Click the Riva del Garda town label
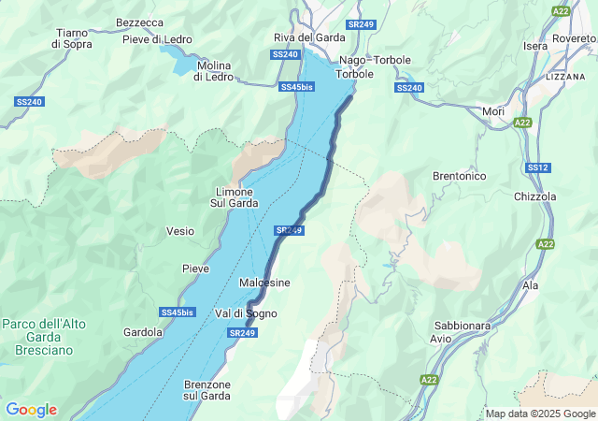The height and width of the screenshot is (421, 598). (x=308, y=37)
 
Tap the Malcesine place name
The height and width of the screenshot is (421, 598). (x=264, y=283)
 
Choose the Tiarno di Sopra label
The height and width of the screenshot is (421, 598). (x=71, y=38)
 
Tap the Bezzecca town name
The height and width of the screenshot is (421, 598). (x=139, y=22)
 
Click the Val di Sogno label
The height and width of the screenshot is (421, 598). (x=246, y=313)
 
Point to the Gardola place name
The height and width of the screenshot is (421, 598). (x=143, y=332)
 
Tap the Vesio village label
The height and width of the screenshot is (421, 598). (x=180, y=231)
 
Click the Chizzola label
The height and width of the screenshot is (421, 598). (x=535, y=197)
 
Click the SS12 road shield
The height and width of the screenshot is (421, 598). (x=537, y=167)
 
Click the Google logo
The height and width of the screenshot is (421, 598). (x=31, y=410)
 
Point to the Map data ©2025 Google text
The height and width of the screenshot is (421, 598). (x=539, y=414)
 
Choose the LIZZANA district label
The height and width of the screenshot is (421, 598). (x=564, y=76)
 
